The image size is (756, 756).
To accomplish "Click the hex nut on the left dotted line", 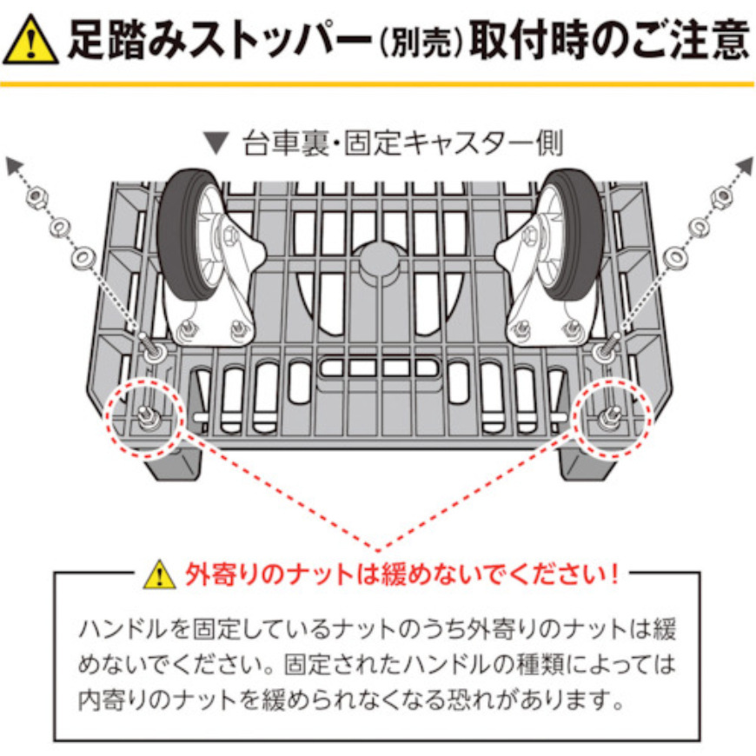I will [34, 200].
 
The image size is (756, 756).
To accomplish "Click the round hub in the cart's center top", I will [378, 259].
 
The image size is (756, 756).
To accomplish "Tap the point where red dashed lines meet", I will [378, 549].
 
